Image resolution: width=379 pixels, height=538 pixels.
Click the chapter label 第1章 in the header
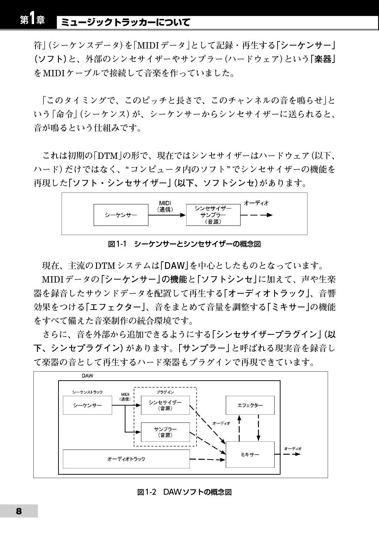point(33,20)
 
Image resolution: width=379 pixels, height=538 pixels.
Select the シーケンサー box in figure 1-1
point(121,215)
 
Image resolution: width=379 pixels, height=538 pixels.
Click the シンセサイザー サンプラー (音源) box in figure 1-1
point(213,215)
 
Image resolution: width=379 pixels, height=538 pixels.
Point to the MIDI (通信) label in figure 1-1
point(165,206)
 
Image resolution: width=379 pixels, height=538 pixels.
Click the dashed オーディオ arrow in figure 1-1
point(256,215)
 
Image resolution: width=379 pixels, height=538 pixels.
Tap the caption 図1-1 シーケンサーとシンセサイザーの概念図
point(184,244)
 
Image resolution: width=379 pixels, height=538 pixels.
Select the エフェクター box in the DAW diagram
point(250,405)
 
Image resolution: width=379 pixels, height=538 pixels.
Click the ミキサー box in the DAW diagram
point(250,454)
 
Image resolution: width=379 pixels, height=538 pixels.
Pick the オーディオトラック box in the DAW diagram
point(126,459)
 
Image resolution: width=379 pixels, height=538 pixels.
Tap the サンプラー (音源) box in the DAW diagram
point(165,432)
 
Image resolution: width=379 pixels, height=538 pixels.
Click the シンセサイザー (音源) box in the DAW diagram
point(165,405)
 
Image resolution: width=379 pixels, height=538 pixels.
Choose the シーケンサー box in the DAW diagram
point(87,405)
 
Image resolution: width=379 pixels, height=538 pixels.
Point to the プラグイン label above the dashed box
point(165,392)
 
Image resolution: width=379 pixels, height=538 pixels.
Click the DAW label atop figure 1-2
point(87,376)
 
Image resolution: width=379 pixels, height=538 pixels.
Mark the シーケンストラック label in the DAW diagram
point(87,392)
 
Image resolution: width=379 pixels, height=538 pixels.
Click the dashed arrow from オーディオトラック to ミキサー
point(208,460)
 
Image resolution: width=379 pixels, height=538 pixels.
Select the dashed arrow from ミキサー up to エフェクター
point(239,428)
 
